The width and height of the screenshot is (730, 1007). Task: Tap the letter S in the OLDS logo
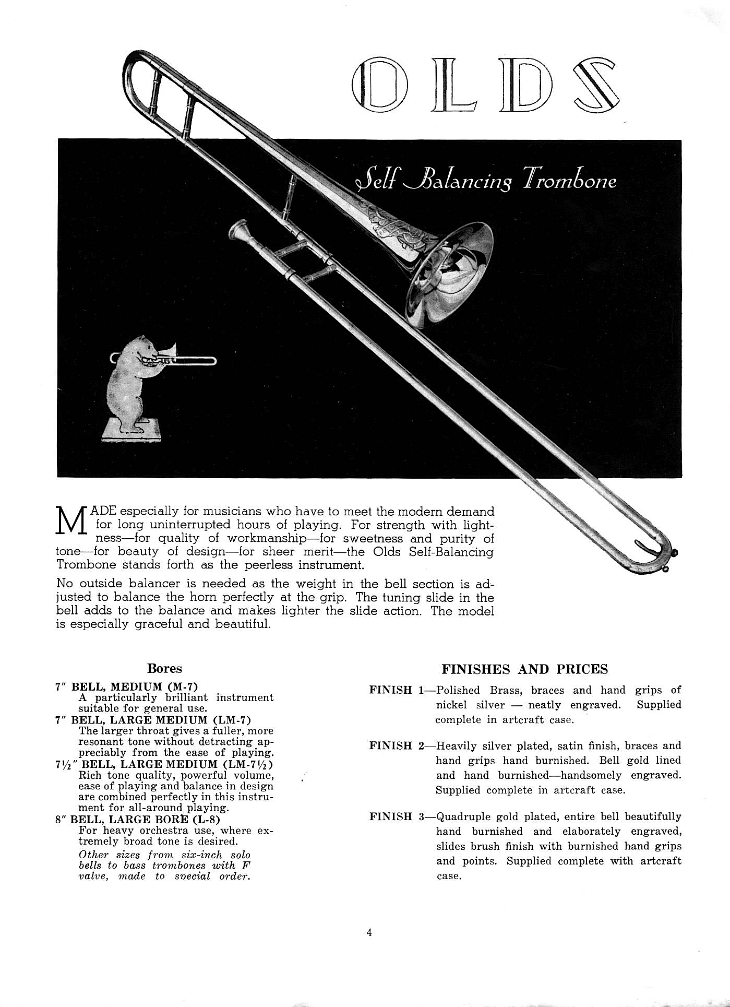(x=596, y=85)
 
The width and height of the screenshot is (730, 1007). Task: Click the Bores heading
(x=164, y=669)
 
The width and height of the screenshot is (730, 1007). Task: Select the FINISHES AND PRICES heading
(x=524, y=669)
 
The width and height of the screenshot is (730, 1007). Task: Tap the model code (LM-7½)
(x=247, y=764)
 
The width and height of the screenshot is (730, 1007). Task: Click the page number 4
(x=369, y=933)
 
